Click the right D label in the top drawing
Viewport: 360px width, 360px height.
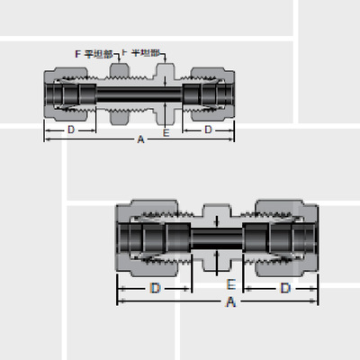pyautogui.click(x=208, y=130)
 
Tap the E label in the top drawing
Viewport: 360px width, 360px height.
pyautogui.click(x=166, y=132)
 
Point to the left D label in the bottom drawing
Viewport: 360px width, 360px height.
pyautogui.click(x=154, y=289)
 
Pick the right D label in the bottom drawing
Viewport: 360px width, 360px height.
pyautogui.click(x=284, y=289)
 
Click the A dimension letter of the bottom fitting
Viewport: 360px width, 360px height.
pyautogui.click(x=230, y=303)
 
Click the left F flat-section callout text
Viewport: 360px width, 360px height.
pyautogui.click(x=94, y=54)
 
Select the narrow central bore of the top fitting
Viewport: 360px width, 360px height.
pyautogui.click(x=139, y=94)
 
